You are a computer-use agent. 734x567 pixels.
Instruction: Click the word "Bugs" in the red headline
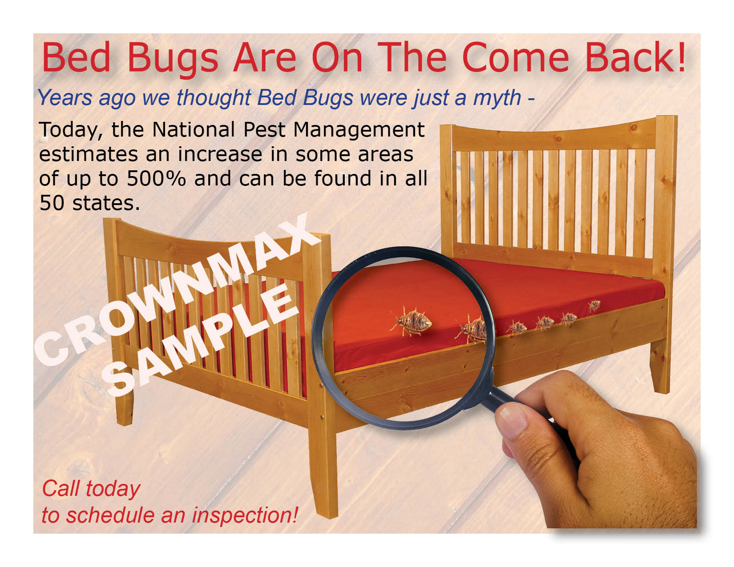click(173, 60)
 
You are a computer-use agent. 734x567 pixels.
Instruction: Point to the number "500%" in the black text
click(156, 178)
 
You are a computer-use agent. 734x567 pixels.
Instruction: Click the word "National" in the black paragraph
click(194, 129)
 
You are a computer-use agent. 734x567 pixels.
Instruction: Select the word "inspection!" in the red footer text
click(245, 516)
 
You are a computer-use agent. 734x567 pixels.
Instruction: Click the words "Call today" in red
click(91, 489)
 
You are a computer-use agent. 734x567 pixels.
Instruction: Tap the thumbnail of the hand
click(513, 421)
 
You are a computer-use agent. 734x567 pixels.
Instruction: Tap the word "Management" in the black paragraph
click(359, 130)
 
